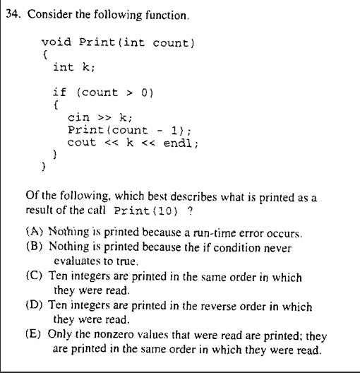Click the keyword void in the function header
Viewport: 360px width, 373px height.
coord(54,43)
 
